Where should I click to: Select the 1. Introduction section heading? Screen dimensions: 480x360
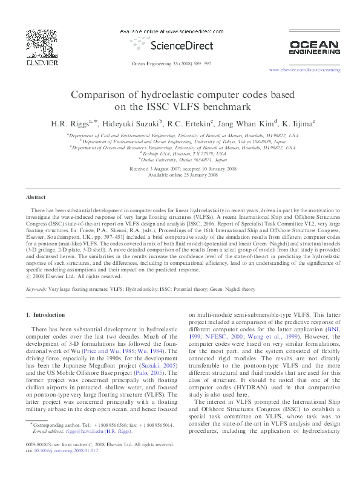point(48,315)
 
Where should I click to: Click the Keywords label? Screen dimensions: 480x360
point(36,290)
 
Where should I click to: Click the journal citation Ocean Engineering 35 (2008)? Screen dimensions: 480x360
point(171,63)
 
